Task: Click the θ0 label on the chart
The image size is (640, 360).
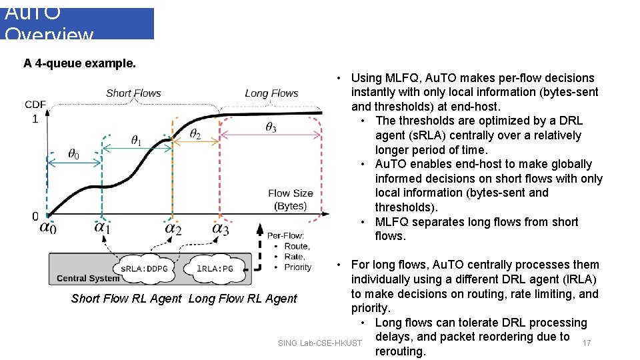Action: click(73, 155)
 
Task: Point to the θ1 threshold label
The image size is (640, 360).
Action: click(136, 140)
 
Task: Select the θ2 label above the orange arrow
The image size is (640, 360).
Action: click(195, 134)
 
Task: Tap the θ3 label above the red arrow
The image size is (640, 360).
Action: click(271, 127)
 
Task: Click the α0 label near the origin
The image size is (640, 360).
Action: click(48, 227)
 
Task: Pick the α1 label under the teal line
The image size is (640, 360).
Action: click(102, 227)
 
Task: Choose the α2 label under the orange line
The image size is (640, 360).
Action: click(173, 228)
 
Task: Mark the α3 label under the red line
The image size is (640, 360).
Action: click(220, 228)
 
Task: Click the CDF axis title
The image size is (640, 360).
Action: click(35, 105)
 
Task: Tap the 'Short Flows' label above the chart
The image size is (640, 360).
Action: click(133, 93)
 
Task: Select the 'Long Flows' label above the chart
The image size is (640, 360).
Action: click(271, 93)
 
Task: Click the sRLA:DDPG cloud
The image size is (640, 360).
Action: click(143, 268)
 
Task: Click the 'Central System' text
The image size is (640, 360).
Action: click(88, 278)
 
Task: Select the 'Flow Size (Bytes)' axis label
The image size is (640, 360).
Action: click(291, 199)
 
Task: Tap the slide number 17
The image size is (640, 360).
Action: click(587, 343)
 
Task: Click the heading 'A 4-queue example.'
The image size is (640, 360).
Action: click(79, 64)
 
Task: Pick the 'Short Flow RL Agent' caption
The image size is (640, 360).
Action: click(126, 299)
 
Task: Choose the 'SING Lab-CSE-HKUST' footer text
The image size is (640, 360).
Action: click(320, 343)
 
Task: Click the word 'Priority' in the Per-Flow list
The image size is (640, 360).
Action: click(297, 267)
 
